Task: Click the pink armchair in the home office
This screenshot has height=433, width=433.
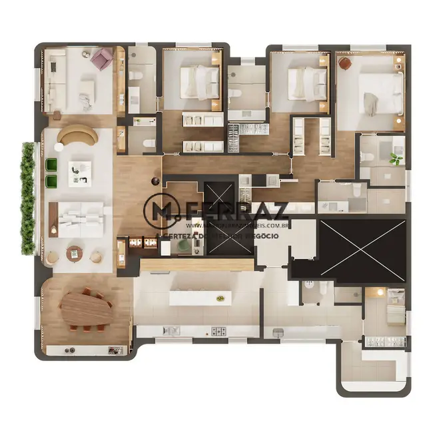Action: tap(102, 59)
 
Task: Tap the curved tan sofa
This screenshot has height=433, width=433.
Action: tap(77, 135)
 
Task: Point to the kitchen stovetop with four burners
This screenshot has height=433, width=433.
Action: tap(220, 331)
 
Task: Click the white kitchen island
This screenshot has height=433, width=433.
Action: tap(200, 298)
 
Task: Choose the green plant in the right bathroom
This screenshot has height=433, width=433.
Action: tap(396, 159)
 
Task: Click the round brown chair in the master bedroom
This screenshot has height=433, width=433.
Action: tap(345, 63)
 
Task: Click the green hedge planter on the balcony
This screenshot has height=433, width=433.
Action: tap(27, 199)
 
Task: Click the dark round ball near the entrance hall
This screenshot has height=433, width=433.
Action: tap(155, 181)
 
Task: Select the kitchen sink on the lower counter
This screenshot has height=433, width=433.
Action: tap(171, 330)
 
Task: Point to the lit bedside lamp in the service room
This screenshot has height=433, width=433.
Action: tap(378, 292)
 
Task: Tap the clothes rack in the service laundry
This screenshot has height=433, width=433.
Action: tap(382, 343)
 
